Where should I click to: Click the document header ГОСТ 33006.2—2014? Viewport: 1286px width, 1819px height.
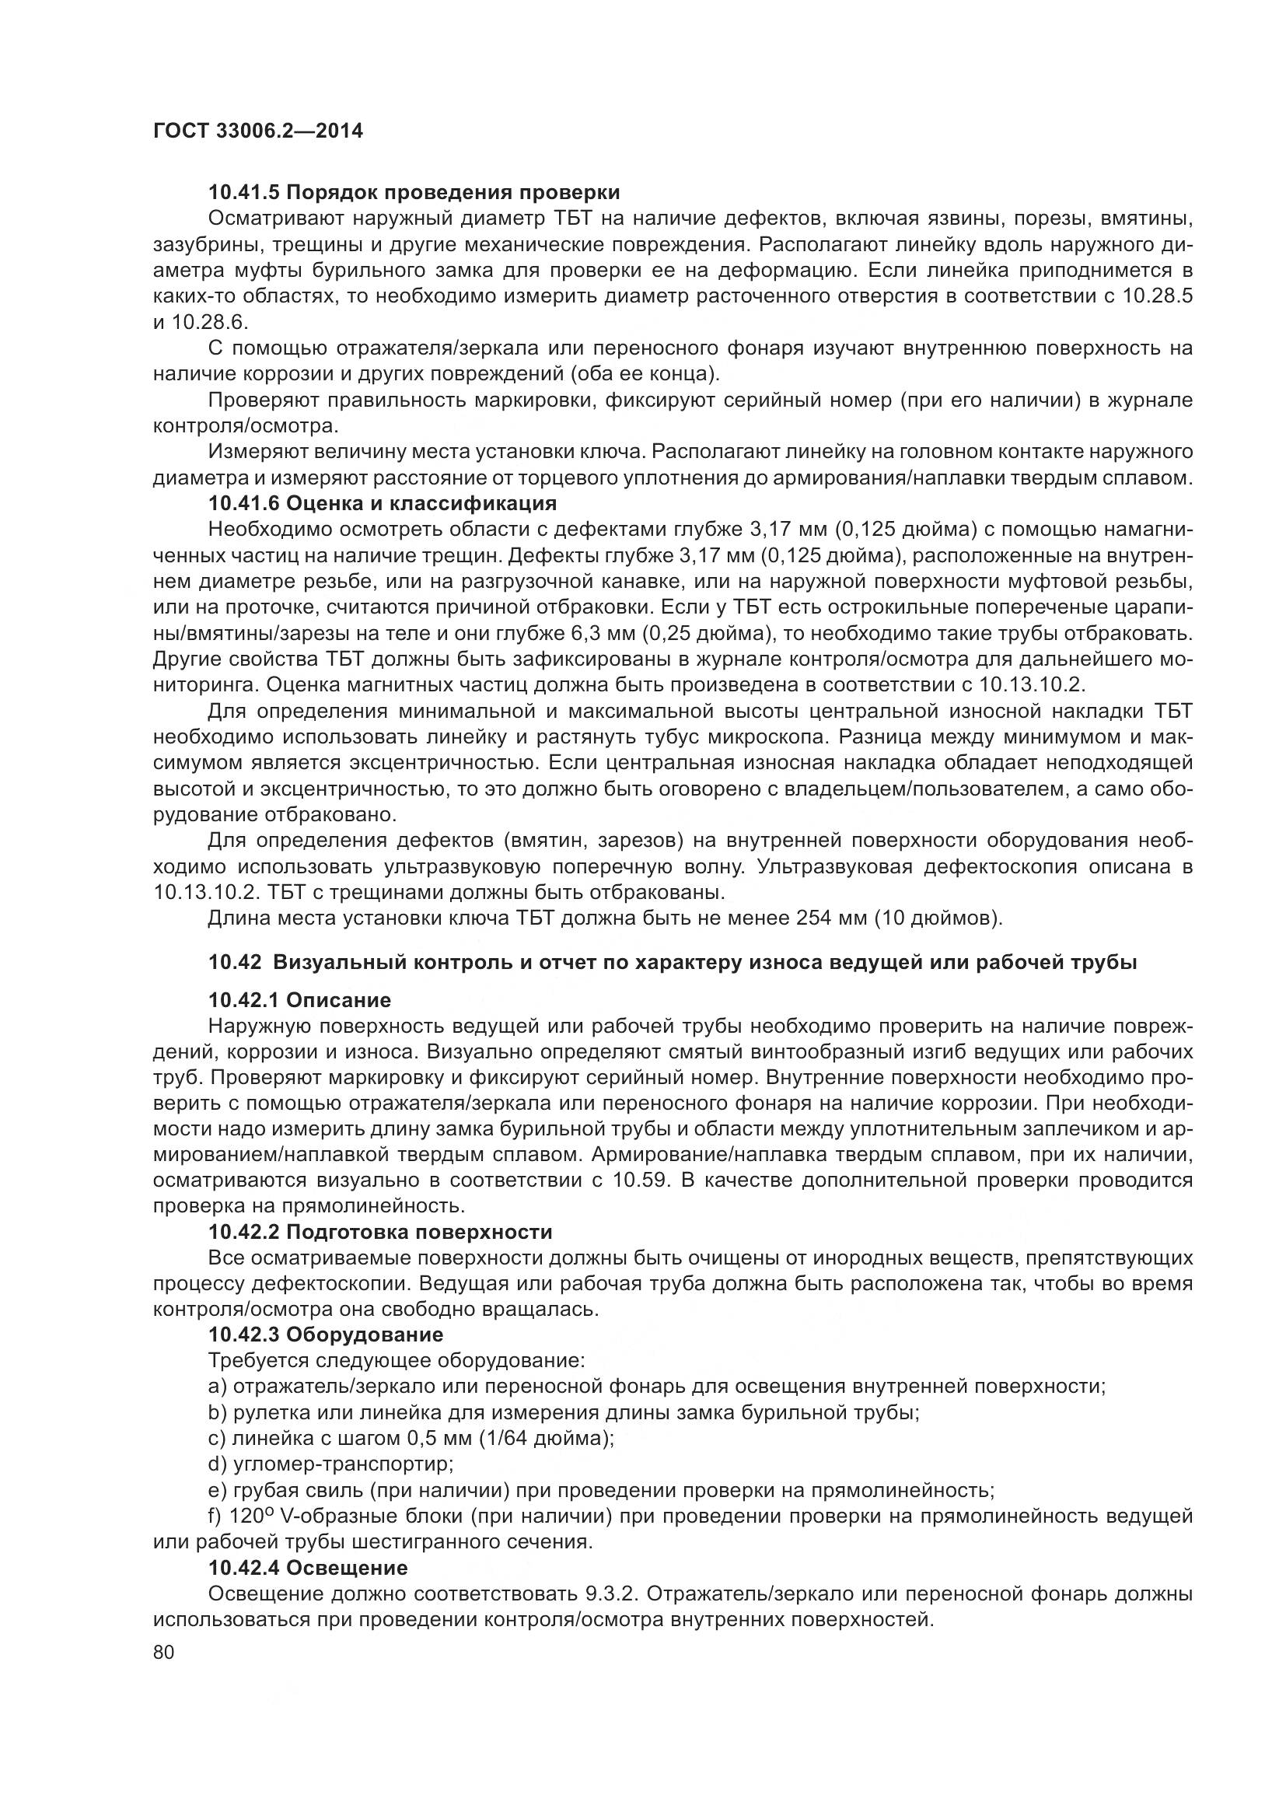257,131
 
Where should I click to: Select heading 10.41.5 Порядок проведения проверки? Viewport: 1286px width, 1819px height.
414,193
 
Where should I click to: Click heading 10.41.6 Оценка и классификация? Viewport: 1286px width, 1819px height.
382,503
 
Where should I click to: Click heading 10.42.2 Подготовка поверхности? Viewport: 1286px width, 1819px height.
380,1232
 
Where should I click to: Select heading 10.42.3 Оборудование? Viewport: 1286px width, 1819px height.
325,1335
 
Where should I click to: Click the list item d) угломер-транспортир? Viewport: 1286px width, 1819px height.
330,1464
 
